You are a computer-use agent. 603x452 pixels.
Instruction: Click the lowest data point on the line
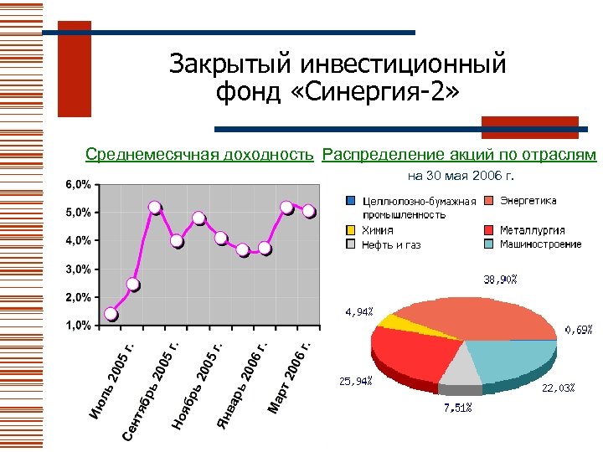click(x=111, y=315)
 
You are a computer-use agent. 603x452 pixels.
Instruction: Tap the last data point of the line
click(x=309, y=211)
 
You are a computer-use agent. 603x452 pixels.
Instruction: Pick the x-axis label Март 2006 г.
click(x=290, y=374)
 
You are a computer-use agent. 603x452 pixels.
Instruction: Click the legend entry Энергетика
click(x=528, y=201)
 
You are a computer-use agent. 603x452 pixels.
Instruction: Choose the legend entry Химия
click(x=378, y=230)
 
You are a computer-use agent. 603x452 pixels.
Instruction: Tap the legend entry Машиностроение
click(x=540, y=244)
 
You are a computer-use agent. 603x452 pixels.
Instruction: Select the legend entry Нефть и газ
click(x=390, y=245)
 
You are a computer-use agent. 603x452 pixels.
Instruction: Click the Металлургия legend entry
click(x=532, y=230)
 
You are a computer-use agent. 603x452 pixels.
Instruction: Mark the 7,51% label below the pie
click(x=457, y=408)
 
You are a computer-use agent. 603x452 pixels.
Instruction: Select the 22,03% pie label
click(x=559, y=388)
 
